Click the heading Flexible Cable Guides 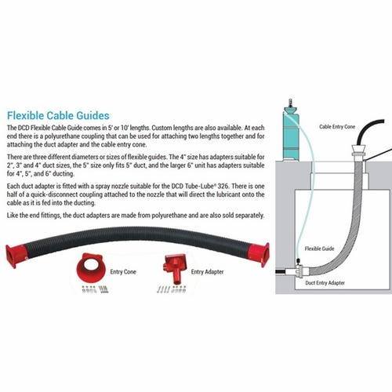coord(58,115)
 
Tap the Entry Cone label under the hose coord(123,272)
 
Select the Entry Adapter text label coord(207,272)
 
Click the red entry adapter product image coord(175,268)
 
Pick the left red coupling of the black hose coord(16,255)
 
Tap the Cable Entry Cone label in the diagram coord(337,127)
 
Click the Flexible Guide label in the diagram coord(319,249)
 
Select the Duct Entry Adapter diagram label coord(325,283)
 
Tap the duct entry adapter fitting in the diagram coord(300,272)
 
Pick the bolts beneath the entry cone coord(95,289)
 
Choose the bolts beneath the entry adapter coord(172,289)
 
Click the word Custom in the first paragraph coord(161,128)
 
